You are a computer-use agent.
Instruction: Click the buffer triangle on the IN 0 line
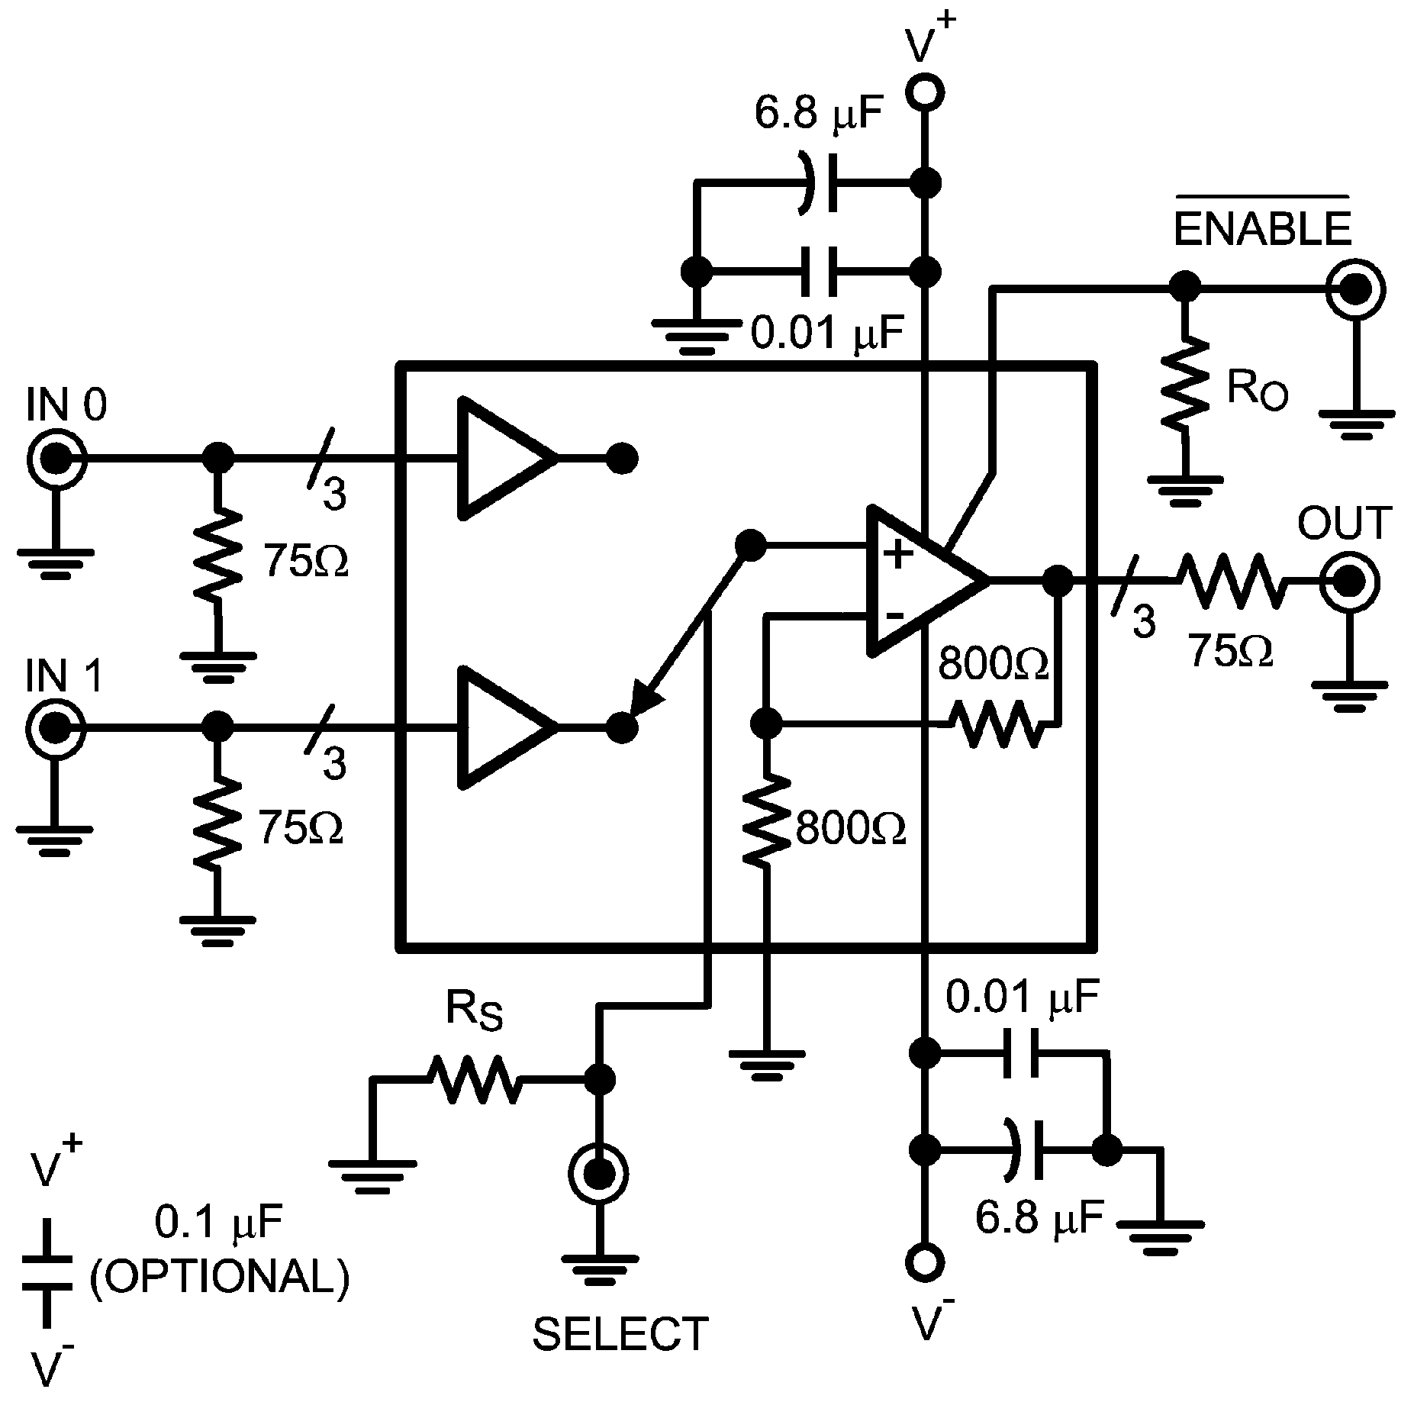500,459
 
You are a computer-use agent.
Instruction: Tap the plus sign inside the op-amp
899,556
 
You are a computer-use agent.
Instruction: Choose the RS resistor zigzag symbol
475,1078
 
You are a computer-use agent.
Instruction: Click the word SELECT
620,1334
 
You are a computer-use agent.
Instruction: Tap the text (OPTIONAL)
220,1276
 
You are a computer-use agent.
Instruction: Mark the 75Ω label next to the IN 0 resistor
305,561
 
